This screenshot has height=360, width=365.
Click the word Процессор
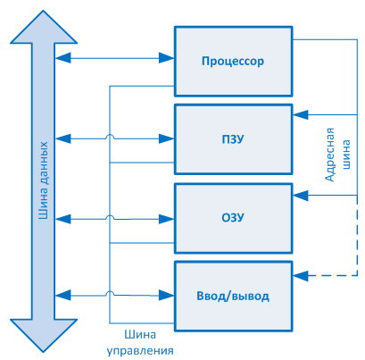233,61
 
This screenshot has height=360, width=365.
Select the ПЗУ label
233,139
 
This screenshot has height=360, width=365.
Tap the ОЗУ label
233,217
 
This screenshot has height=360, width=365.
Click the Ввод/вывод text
233,296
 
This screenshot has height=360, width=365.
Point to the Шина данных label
44,180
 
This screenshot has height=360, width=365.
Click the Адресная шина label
337,155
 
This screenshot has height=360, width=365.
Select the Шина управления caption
140,343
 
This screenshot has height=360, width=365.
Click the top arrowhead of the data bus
44,28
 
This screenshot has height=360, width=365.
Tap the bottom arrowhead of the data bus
44,336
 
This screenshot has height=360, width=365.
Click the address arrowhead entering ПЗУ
301,114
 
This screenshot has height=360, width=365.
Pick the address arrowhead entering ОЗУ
301,196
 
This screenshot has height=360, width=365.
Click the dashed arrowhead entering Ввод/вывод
301,276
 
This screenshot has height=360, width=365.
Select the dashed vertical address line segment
357,235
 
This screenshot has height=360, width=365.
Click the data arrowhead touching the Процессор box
166,58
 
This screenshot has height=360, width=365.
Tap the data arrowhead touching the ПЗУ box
166,138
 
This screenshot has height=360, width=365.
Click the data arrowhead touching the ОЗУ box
166,220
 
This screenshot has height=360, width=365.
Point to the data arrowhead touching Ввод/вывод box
166,296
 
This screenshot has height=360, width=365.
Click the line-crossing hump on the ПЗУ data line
110,136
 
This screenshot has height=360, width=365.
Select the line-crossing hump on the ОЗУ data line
110,216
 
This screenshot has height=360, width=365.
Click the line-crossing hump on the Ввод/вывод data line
110,292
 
